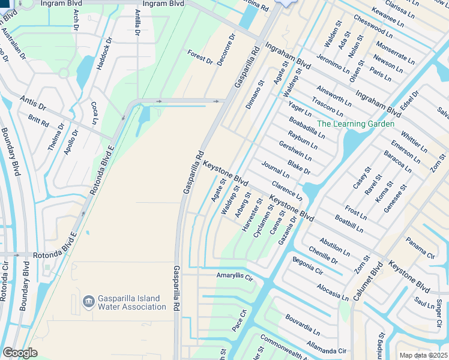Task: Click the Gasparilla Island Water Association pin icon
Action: click(x=88, y=300)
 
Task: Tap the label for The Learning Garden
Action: click(x=355, y=124)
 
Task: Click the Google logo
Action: click(x=20, y=353)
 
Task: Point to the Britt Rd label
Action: click(x=38, y=120)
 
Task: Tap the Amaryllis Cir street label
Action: click(x=235, y=276)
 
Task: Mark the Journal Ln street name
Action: click(x=276, y=169)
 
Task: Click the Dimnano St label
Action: click(x=255, y=95)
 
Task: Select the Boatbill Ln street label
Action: click(x=349, y=224)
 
